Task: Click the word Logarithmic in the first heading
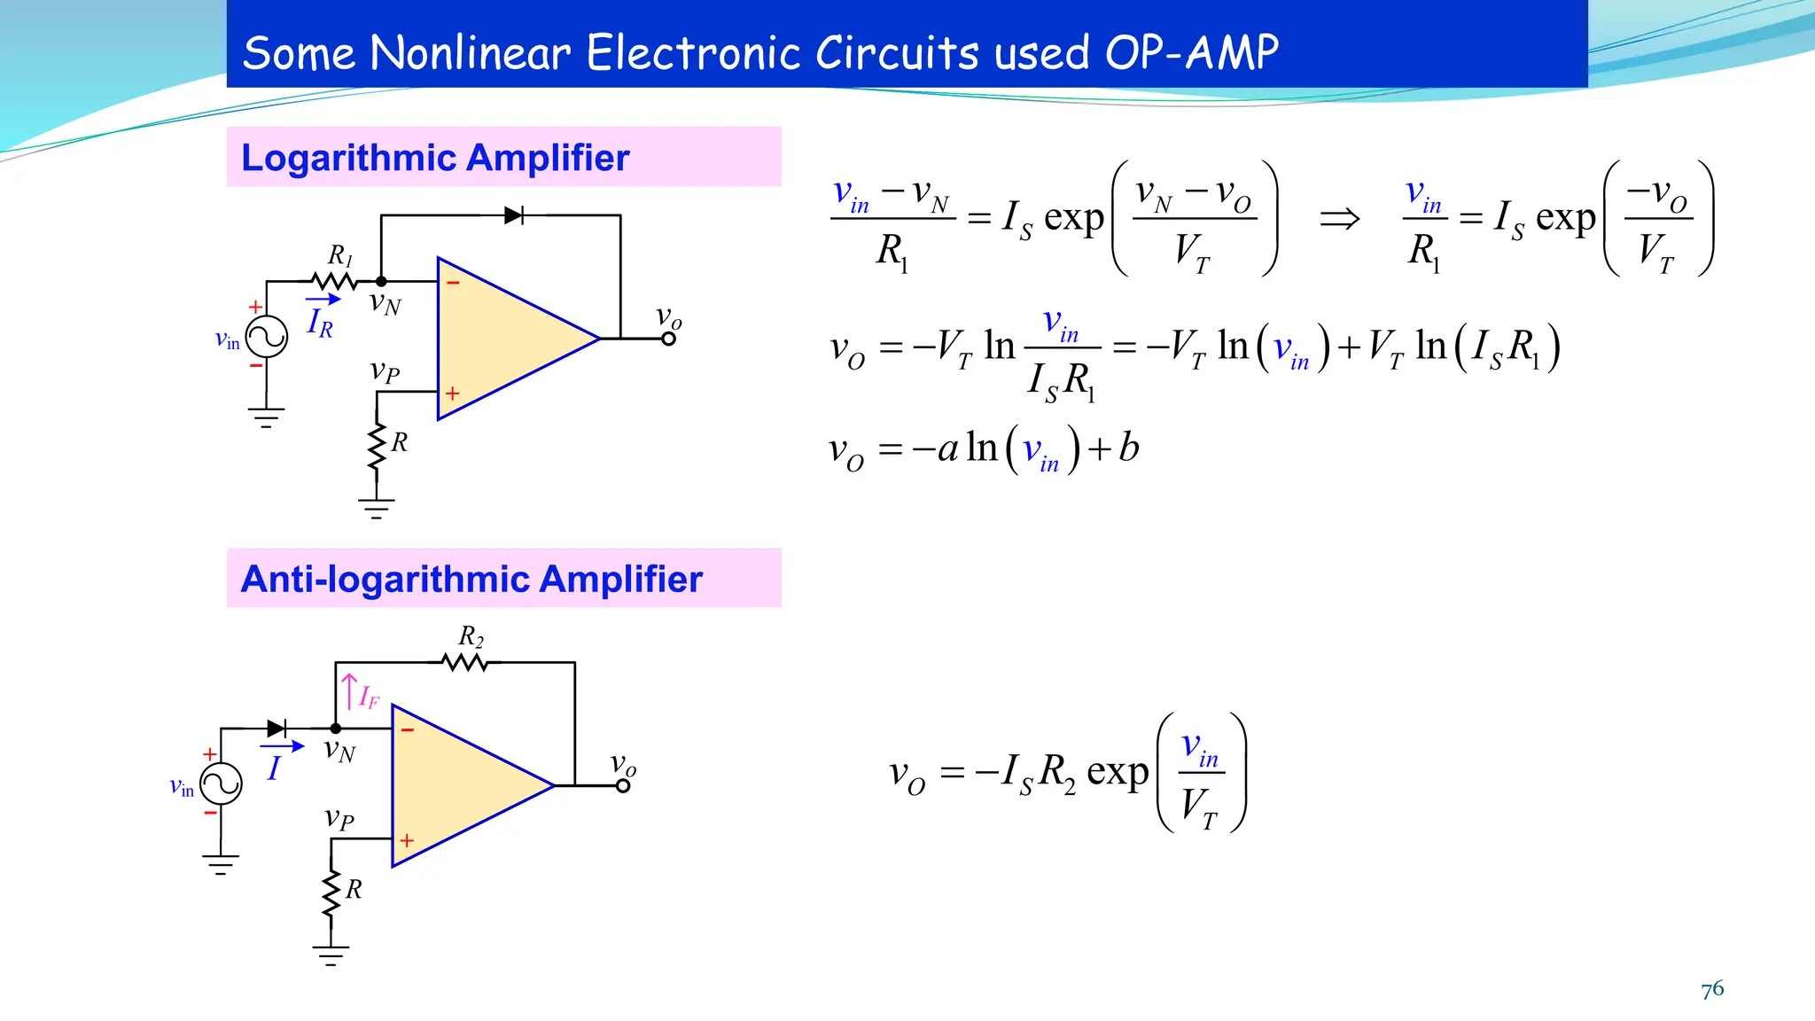coord(347,158)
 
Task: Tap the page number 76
coord(1712,989)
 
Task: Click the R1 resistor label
coord(339,256)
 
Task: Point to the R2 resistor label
coord(471,636)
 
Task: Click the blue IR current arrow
coord(323,300)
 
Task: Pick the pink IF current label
coord(369,698)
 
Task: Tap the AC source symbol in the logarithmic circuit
coord(267,337)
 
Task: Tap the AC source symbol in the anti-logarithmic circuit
coord(221,784)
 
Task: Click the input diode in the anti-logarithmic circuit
coord(277,729)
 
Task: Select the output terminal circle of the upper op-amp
coord(669,339)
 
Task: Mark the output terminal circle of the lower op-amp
coord(623,786)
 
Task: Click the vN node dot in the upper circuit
coord(381,282)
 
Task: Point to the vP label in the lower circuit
coord(339,818)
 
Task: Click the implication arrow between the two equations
coord(1339,218)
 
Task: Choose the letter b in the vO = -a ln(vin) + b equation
coord(1128,448)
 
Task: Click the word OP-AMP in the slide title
coord(1191,53)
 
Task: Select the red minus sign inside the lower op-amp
coord(408,730)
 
